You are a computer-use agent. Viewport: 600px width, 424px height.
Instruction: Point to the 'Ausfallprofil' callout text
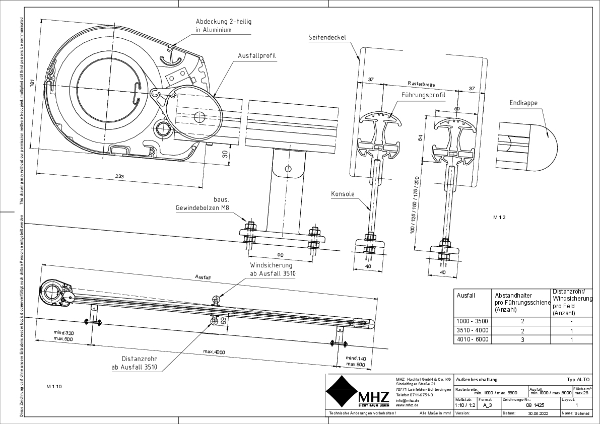(x=257, y=55)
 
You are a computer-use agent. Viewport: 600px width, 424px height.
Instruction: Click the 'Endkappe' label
(x=523, y=103)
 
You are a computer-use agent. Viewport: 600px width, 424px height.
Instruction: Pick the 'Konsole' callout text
(x=343, y=194)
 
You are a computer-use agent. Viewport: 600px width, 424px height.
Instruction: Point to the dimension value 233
(x=120, y=177)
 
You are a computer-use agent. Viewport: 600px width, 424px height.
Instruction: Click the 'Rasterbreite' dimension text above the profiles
(x=422, y=84)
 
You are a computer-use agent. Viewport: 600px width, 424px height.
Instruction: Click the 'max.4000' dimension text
(x=214, y=351)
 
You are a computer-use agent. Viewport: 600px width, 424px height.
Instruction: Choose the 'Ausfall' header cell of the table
(x=465, y=296)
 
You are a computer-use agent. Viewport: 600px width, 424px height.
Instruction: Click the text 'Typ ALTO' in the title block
(x=577, y=379)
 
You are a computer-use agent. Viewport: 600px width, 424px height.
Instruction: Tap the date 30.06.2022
(x=538, y=413)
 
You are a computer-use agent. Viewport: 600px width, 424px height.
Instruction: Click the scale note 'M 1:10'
(x=53, y=387)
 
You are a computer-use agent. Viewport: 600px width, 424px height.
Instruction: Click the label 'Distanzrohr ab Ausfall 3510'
(x=135, y=363)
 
